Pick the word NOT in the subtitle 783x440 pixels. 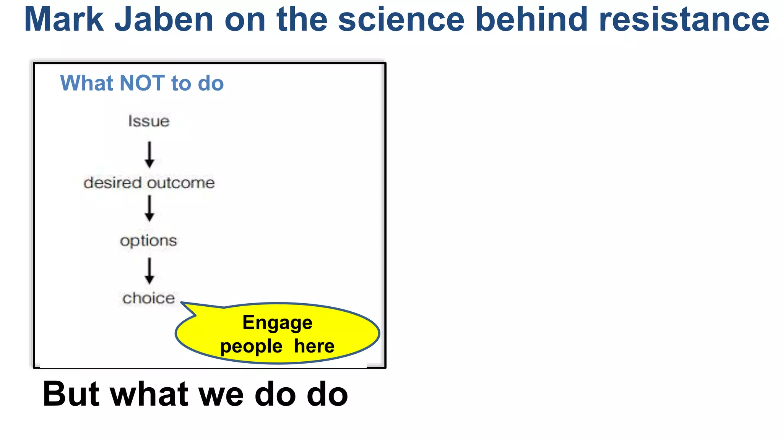143,83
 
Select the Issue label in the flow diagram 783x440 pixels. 149,121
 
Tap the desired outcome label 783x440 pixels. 149,183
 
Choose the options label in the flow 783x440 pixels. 149,241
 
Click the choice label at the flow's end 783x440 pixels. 149,298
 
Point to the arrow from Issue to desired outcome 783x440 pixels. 149,155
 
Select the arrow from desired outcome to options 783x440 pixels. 149,209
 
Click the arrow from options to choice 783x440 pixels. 149,271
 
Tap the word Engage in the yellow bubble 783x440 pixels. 278,323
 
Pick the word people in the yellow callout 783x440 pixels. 251,346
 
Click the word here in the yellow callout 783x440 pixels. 314,346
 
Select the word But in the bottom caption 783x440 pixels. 71,394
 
